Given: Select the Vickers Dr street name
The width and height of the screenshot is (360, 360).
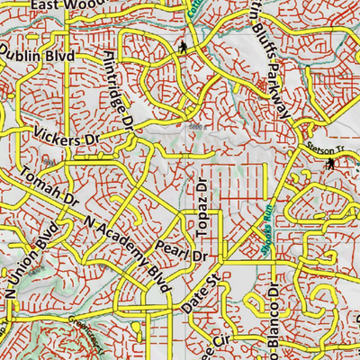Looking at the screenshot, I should point(67,140).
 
